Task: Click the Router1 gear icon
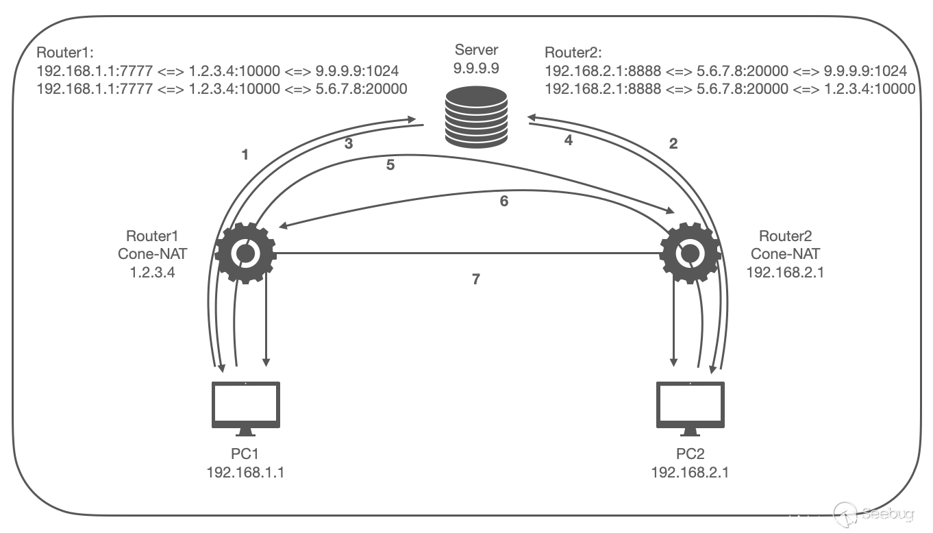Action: click(245, 253)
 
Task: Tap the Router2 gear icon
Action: click(690, 253)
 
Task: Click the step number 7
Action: click(477, 280)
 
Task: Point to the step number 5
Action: click(390, 165)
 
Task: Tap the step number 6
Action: click(504, 202)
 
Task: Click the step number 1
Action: click(245, 155)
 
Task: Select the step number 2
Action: click(673, 143)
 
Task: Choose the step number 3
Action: click(349, 143)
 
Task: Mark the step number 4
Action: click(567, 140)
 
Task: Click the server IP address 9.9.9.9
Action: click(477, 69)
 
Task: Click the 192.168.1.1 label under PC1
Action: click(245, 472)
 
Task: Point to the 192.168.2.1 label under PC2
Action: click(690, 472)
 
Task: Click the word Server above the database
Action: click(477, 51)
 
